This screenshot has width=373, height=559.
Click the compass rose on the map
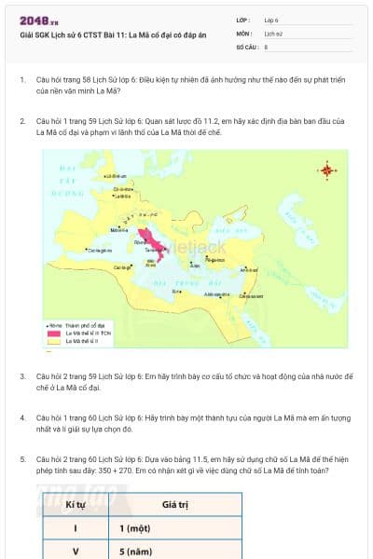pos(326,170)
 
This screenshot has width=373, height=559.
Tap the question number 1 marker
pos(22,80)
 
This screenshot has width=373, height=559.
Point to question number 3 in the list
pos(22,375)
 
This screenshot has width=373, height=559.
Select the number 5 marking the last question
pos(22,459)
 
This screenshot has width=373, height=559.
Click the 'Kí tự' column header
pos(76,503)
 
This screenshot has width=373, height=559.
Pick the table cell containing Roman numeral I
pos(76,527)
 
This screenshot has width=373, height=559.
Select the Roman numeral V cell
pos(76,551)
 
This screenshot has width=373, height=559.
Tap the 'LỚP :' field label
pos(243,19)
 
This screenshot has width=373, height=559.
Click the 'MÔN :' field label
pos(244,33)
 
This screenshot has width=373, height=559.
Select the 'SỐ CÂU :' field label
pos(246,46)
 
